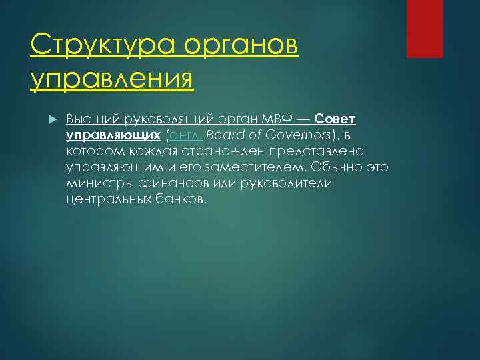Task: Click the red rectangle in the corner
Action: tap(425, 29)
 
